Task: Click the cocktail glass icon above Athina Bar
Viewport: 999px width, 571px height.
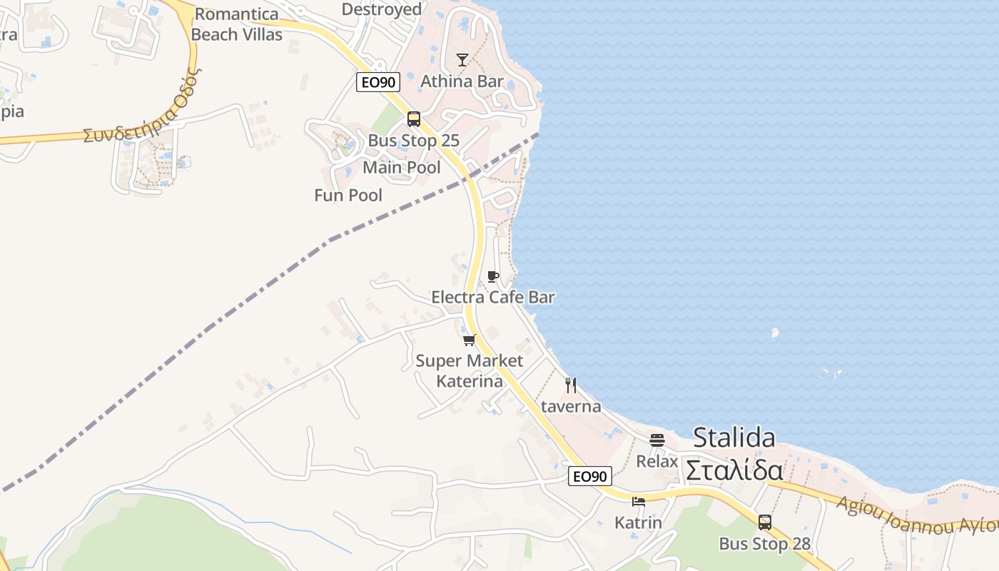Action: [x=462, y=60]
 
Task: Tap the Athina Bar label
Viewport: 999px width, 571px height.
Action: [x=462, y=81]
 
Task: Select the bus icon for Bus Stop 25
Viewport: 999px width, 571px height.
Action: [x=414, y=119]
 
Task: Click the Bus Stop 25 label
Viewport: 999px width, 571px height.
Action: [x=413, y=141]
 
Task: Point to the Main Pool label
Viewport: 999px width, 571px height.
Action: [x=402, y=168]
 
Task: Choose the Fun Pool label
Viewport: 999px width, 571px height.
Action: [x=348, y=196]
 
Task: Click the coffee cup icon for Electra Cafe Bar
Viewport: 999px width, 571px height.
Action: [x=492, y=276]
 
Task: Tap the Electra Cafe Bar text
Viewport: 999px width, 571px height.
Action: [x=492, y=297]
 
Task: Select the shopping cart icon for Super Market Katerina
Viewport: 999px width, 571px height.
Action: [x=469, y=340]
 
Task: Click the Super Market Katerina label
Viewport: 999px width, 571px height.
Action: [x=470, y=371]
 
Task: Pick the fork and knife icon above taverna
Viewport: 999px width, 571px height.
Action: [x=571, y=385]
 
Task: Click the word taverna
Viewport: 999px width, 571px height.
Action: [x=571, y=407]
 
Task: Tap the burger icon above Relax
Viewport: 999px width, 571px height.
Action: [x=657, y=440]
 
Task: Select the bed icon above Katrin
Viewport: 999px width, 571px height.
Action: [x=639, y=502]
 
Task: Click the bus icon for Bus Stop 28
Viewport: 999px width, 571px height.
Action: [x=765, y=522]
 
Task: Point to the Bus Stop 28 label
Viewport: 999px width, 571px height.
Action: [x=764, y=544]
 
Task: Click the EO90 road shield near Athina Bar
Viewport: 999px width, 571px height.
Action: [x=377, y=82]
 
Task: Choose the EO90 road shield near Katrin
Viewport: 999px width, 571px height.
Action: [x=589, y=476]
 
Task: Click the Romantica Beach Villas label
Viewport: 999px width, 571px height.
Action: [x=237, y=24]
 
